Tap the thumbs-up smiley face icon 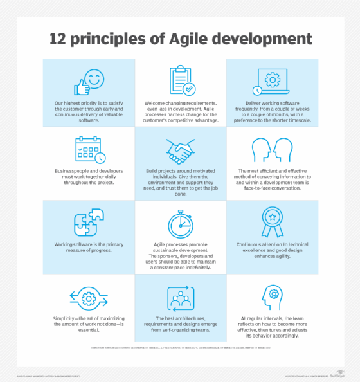pos(88,84)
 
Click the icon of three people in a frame pos(181,298)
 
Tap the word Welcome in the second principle pos(158,103)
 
